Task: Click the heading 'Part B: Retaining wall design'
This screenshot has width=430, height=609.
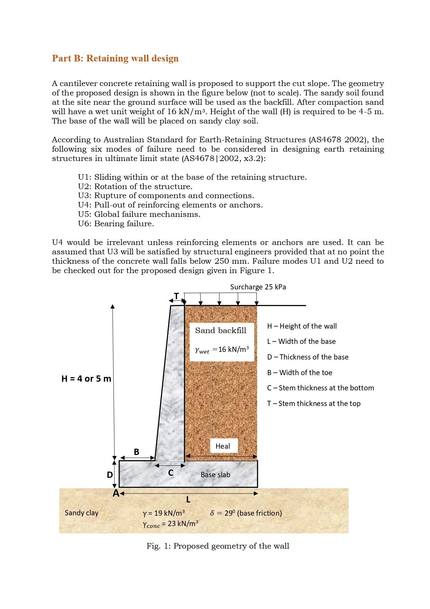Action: [x=115, y=58]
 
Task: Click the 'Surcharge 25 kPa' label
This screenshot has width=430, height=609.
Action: [x=258, y=287]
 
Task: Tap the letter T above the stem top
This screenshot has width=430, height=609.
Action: [x=176, y=296]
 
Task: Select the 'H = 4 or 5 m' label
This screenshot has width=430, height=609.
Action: [x=86, y=379]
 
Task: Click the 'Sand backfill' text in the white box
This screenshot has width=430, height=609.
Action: [x=220, y=330]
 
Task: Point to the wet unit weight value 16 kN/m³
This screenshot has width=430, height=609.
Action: [x=233, y=349]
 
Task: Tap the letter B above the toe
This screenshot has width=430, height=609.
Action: [x=137, y=452]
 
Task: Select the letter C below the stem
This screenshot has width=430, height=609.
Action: [x=170, y=473]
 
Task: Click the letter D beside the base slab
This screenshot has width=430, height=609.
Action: [x=109, y=475]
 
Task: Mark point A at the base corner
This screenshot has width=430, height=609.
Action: [x=116, y=493]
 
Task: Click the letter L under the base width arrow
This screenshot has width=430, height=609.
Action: [x=188, y=500]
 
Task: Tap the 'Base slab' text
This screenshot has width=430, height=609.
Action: [x=215, y=475]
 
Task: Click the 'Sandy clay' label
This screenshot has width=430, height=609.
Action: [x=81, y=513]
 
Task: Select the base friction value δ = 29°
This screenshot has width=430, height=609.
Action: [x=246, y=513]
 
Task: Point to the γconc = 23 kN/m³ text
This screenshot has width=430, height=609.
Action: [x=170, y=524]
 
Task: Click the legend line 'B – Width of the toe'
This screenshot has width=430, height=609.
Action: [x=299, y=373]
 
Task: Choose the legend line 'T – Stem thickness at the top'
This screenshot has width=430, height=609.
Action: [x=314, y=404]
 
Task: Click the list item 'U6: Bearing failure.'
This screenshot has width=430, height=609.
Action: [x=116, y=224]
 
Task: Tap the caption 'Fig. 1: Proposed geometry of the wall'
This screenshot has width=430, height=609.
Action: [x=218, y=546]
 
